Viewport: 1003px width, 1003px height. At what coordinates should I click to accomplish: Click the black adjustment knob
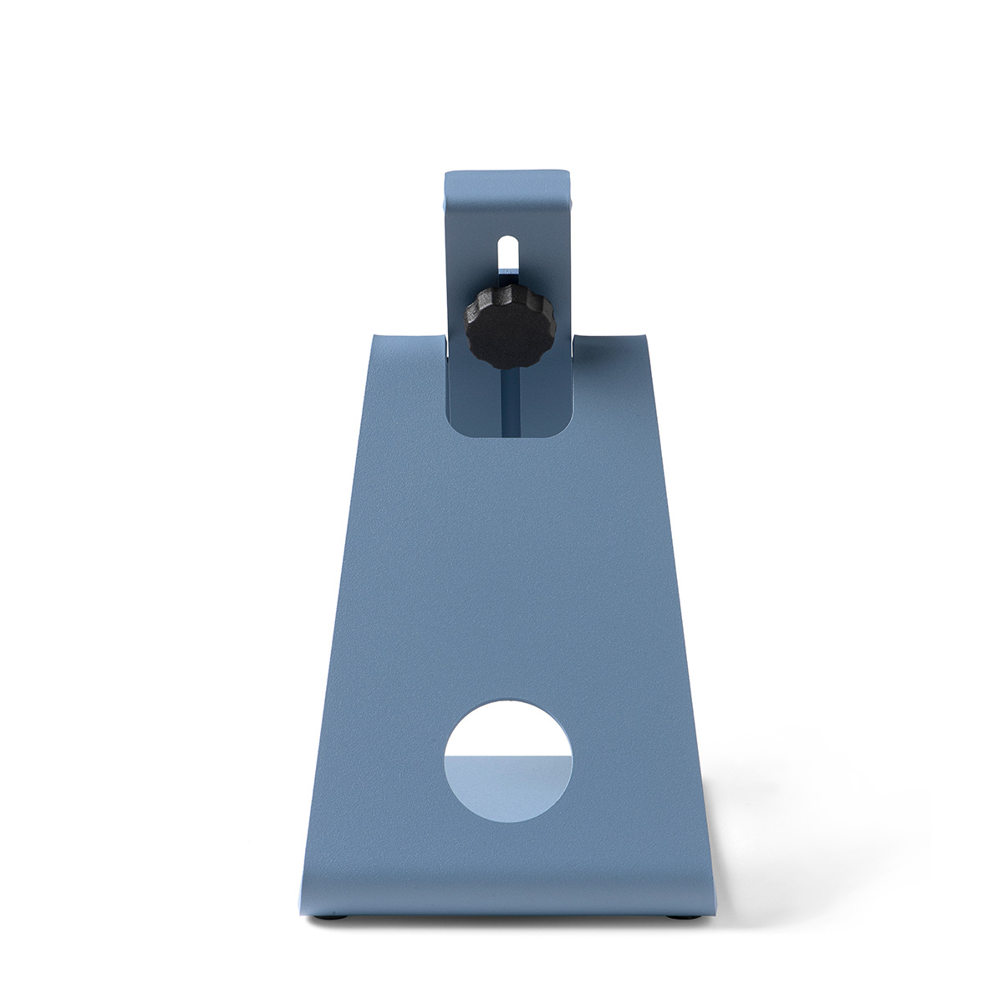click(x=496, y=328)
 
